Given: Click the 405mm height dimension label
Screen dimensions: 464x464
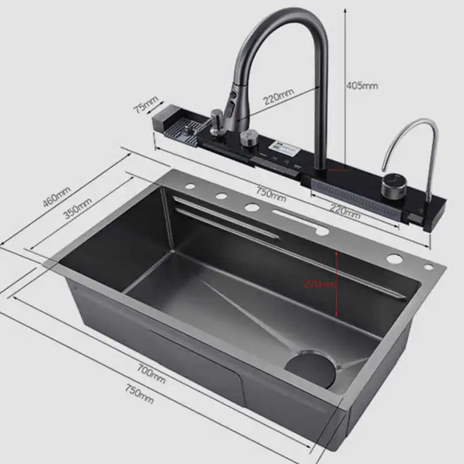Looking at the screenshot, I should click(362, 85).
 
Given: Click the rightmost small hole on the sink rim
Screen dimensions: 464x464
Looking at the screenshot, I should click(429, 266).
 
